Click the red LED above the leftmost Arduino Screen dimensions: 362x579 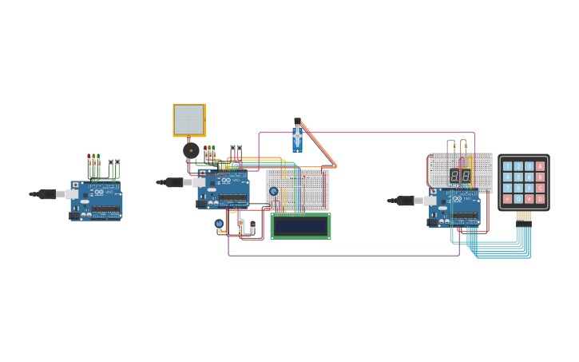89,156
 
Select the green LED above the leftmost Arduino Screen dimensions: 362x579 98,156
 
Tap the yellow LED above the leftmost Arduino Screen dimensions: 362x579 93,156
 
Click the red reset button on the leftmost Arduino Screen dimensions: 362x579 76,185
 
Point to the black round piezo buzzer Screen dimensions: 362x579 191,149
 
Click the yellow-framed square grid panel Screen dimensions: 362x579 189,120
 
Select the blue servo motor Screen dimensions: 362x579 297,137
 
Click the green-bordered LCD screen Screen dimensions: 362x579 300,226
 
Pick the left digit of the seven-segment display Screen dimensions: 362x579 454,176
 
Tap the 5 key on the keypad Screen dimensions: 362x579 518,177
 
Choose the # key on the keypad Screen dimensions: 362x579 529,198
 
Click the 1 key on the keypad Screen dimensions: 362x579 508,167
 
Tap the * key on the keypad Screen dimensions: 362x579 508,198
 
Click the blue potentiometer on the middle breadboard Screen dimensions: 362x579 273,191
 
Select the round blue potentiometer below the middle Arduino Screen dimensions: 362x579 219,224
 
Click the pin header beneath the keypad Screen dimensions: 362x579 523,217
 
